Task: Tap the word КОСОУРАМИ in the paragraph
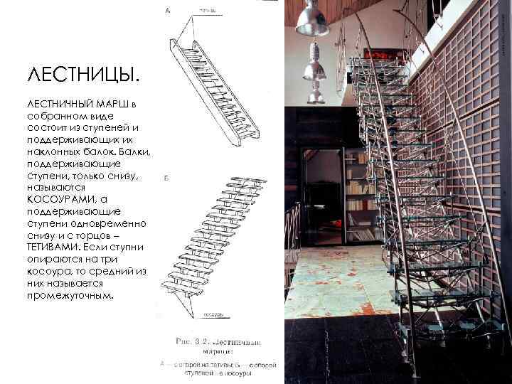[58, 198]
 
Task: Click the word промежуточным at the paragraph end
[68, 294]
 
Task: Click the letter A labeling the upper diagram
[168, 10]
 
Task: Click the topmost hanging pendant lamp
[311, 18]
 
